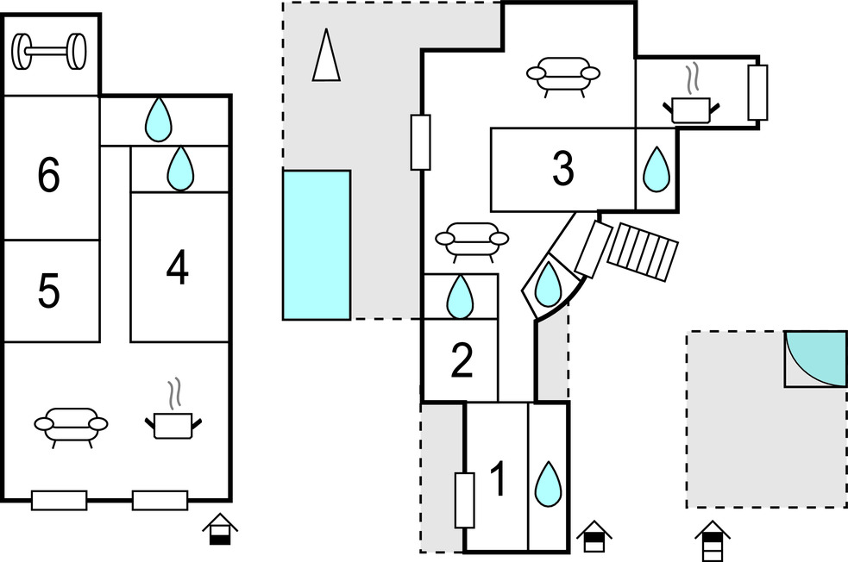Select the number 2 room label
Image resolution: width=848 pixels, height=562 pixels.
point(462,361)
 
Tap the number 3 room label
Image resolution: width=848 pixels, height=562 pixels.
point(562,170)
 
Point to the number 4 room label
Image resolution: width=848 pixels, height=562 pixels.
point(178,269)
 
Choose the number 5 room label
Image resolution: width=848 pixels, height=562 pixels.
point(49,292)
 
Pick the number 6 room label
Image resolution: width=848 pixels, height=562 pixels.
point(49,176)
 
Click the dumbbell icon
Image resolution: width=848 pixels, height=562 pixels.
point(50,53)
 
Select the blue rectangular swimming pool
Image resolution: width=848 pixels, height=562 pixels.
point(317,245)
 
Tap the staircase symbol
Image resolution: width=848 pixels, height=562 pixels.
point(640,251)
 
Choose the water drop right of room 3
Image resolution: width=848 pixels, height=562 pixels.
point(656,169)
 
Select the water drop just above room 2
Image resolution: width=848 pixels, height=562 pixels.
point(460,296)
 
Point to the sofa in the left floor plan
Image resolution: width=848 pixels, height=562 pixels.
point(72,424)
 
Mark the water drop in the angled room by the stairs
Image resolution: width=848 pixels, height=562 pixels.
point(547,285)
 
